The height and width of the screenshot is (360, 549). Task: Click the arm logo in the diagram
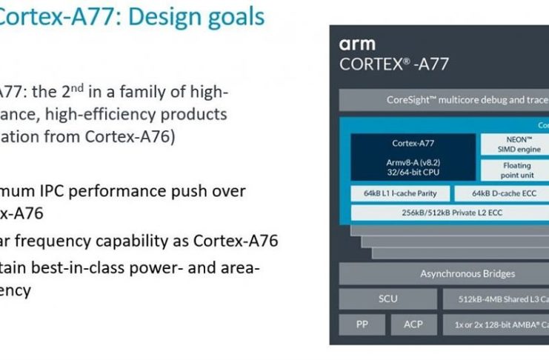(357, 44)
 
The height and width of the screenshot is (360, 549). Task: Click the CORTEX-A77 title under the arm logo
(393, 64)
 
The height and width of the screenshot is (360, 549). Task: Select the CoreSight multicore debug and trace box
(445, 100)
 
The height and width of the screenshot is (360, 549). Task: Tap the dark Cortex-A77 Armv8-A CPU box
(413, 156)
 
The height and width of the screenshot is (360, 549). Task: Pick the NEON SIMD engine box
(515, 144)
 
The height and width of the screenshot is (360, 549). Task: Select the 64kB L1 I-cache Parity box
(395, 194)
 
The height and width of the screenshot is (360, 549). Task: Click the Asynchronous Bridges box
(445, 274)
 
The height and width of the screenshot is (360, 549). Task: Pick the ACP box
(413, 324)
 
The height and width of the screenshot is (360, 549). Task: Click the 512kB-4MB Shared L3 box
(496, 299)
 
